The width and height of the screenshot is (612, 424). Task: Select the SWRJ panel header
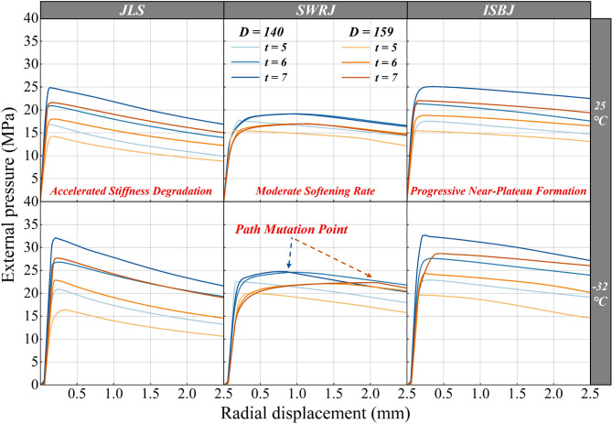[315, 9]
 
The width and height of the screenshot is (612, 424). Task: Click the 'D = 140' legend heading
[257, 34]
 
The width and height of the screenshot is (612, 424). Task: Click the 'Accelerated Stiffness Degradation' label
[132, 190]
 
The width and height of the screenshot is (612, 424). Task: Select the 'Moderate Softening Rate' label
[315, 190]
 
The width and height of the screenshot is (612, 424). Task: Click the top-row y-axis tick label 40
[29, 19]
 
